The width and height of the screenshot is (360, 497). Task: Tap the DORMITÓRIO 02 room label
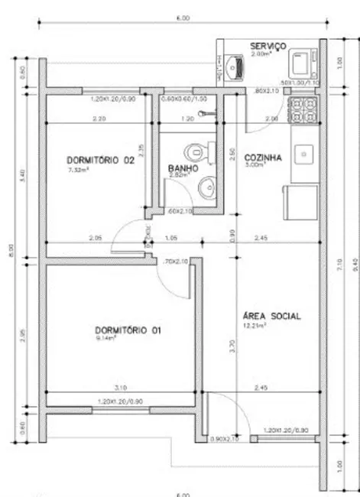coord(101,160)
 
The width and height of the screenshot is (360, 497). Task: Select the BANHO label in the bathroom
coord(183,167)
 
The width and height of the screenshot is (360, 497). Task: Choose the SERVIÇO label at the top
coord(268,47)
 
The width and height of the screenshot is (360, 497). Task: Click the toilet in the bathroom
coord(204,148)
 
